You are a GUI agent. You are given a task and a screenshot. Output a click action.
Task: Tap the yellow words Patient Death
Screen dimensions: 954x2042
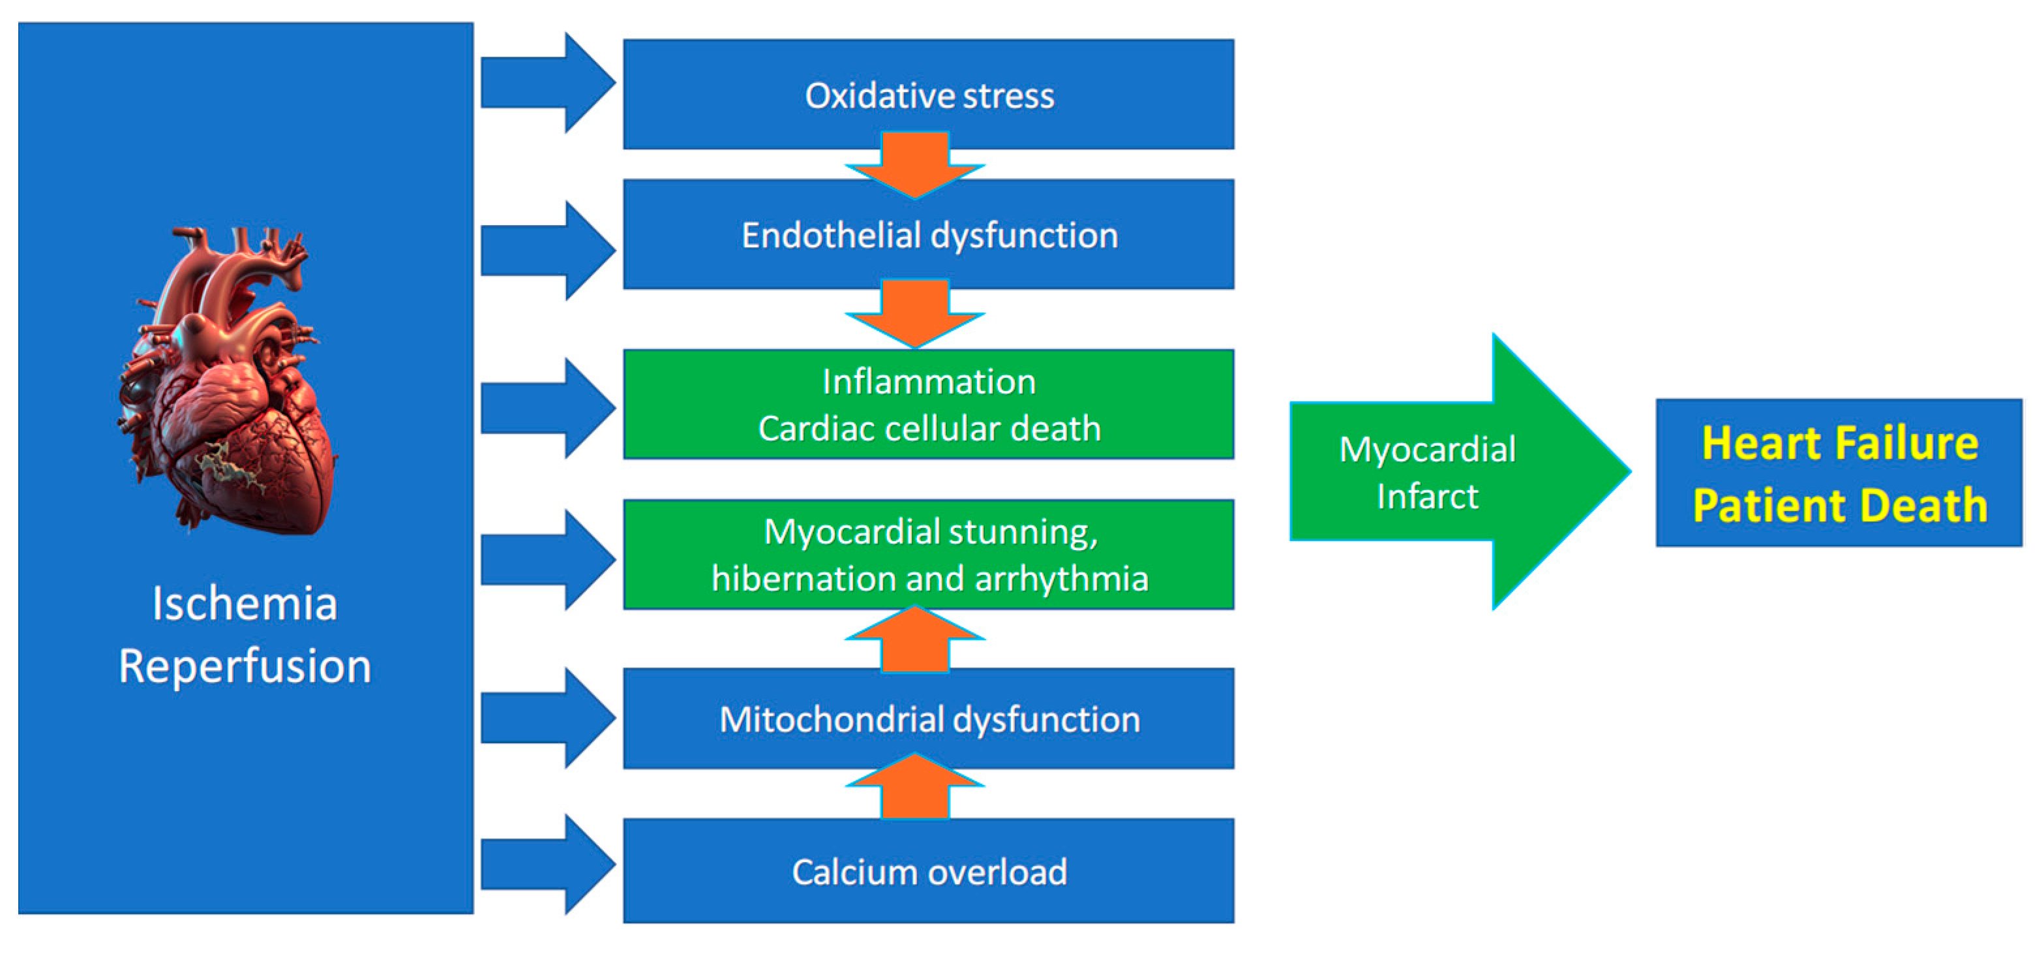1839,505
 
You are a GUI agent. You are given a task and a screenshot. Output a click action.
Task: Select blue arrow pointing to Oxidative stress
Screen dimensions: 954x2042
547,82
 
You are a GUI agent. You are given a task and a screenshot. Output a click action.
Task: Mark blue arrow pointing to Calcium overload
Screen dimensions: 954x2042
547,865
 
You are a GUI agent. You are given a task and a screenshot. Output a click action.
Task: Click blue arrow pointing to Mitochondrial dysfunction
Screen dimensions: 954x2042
547,718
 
